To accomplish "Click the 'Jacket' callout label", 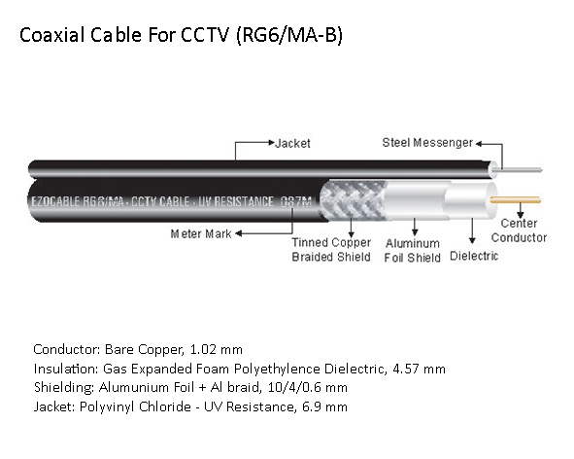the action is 292,143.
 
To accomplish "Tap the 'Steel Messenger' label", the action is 427,143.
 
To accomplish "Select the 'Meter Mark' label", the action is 201,234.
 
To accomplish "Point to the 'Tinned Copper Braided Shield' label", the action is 331,250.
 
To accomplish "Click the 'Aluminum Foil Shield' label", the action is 412,250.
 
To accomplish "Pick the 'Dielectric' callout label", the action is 474,256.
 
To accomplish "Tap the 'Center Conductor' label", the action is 519,230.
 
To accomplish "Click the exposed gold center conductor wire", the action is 516,199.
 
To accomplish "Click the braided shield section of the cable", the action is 353,200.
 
